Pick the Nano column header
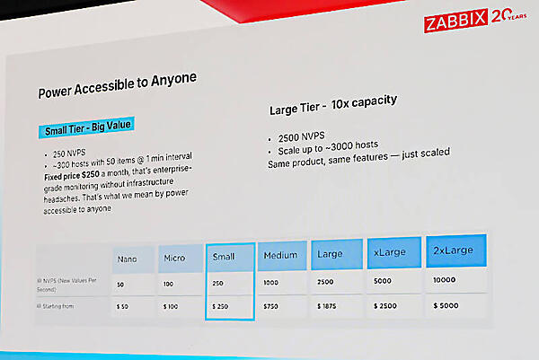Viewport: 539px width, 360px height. click(128, 259)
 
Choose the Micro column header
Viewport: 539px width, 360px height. click(176, 259)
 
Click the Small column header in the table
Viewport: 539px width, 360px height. click(225, 258)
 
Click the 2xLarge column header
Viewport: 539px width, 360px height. click(454, 251)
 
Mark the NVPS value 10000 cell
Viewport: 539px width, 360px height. click(447, 280)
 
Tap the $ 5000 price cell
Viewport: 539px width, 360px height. click(448, 304)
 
